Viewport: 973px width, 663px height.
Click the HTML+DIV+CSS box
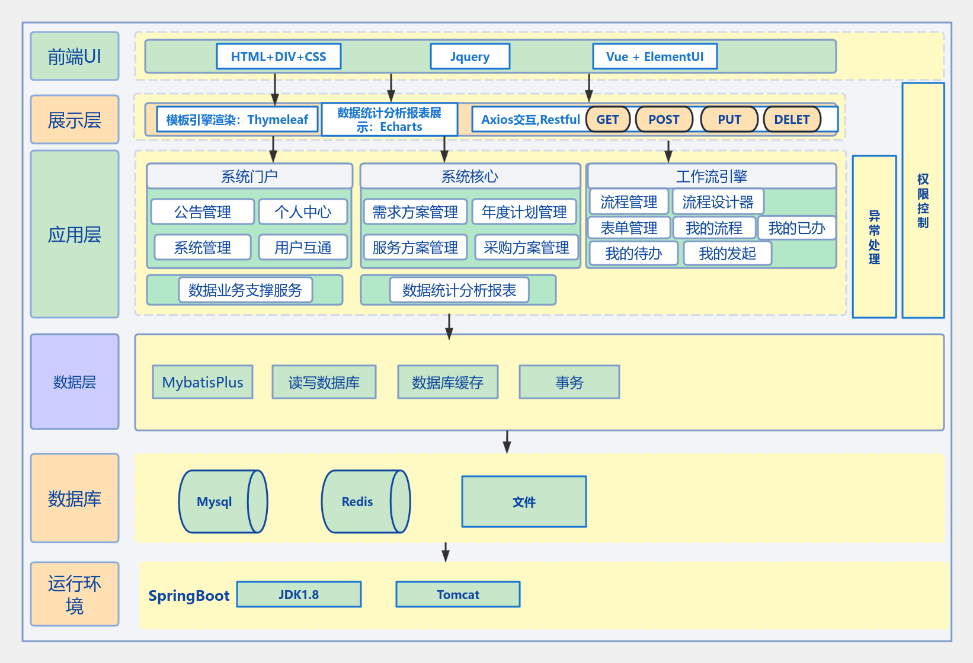coord(279,57)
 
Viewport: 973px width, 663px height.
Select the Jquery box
coord(470,57)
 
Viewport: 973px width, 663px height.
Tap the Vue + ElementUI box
coord(655,57)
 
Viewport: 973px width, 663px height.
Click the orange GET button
coord(607,120)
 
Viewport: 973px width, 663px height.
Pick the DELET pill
coord(792,120)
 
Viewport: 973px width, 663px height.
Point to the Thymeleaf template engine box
coord(237,120)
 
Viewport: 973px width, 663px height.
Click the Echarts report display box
coord(389,120)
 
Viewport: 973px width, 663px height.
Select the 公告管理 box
coord(203,212)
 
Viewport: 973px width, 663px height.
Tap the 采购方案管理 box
coord(526,248)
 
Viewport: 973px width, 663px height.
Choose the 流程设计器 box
coord(718,202)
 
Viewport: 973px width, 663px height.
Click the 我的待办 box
coord(633,254)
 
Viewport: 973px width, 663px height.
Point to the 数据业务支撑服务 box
coord(245,290)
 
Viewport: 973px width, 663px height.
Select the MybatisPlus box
coord(203,382)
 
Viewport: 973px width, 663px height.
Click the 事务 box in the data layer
coord(569,382)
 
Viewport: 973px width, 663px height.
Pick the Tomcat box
coord(457,594)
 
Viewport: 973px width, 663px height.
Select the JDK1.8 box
coord(299,594)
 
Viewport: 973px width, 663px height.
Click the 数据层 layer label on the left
coord(75,382)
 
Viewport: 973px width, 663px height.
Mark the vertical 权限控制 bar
coord(923,200)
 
